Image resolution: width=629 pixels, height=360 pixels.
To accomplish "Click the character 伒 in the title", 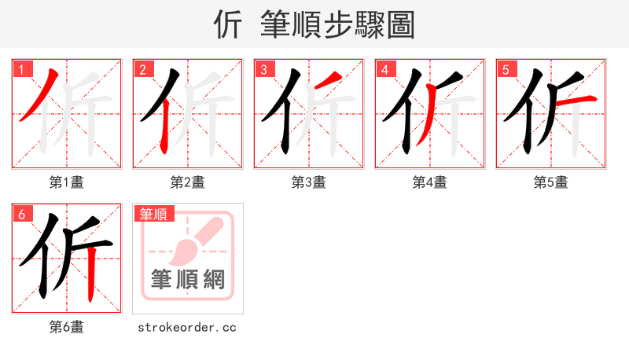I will point(228,24).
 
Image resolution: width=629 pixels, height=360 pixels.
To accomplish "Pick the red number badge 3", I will point(264,69).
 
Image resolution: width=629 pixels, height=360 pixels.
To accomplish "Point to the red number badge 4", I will point(385,69).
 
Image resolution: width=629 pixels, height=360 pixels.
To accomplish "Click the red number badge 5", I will point(506,69).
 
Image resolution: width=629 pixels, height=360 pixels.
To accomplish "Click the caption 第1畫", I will point(67,182).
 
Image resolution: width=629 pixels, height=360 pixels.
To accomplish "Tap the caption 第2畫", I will point(188,182).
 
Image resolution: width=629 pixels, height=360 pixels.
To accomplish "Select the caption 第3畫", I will point(309,182).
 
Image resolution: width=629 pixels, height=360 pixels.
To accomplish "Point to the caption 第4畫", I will point(430,182).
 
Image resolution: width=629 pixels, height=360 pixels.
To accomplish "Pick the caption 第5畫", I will point(551,182).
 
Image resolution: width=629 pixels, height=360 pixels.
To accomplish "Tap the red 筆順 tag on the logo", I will point(155,213).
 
